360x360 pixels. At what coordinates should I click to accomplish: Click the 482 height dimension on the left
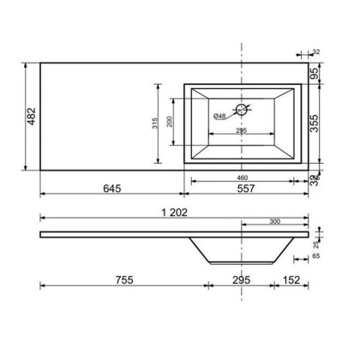31,115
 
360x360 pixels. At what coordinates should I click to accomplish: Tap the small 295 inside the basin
242,131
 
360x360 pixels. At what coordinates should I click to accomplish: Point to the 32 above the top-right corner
316,52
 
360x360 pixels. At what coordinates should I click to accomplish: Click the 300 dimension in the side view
274,222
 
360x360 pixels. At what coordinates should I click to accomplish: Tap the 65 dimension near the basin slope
317,255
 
